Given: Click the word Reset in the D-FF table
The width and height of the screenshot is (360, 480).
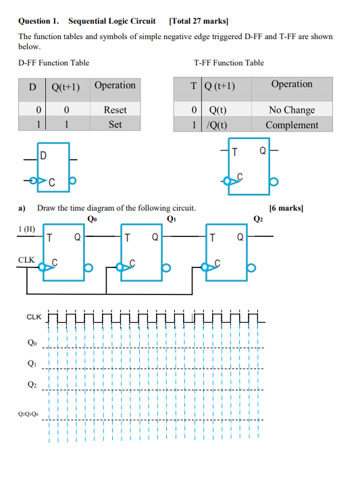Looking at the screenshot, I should click(115, 109).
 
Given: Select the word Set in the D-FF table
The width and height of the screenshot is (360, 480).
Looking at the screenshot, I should click(115, 125).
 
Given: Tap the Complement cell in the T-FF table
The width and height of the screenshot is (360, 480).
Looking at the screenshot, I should click(291, 125).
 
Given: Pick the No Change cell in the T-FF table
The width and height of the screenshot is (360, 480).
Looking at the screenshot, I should click(291, 109).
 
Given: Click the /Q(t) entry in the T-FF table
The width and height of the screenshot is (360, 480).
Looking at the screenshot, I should click(217, 125).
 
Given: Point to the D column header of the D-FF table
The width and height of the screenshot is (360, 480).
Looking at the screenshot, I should click(31, 86).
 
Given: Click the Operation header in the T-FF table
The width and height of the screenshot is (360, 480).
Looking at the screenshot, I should click(291, 84).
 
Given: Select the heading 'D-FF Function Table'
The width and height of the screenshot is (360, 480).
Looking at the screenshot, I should click(53, 63).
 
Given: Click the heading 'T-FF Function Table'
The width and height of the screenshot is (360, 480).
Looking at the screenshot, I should click(228, 63).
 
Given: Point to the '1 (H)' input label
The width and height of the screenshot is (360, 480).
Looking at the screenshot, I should click(26, 230).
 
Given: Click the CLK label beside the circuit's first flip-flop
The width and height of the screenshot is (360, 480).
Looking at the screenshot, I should click(26, 259).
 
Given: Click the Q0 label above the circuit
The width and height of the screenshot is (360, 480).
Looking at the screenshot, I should click(93, 218).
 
